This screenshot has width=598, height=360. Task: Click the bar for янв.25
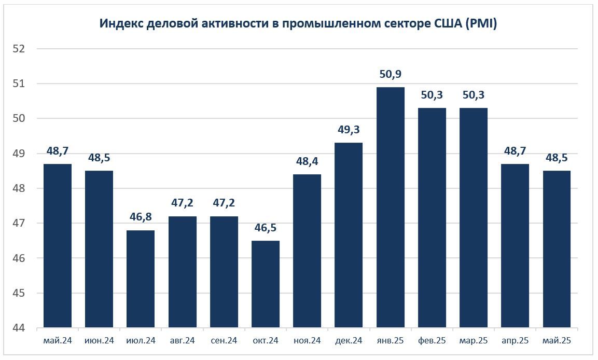(x=391, y=207)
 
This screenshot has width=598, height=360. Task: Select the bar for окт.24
(x=266, y=284)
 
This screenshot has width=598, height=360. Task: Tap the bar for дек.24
(x=349, y=236)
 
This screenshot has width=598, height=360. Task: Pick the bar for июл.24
(x=141, y=279)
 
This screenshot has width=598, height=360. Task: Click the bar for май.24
(x=58, y=246)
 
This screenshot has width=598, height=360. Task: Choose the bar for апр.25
(x=515, y=246)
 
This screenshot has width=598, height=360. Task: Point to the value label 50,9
(x=391, y=74)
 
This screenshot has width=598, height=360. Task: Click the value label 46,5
(x=266, y=228)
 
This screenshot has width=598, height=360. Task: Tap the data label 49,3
(x=349, y=130)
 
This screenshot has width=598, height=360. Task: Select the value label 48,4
(x=307, y=161)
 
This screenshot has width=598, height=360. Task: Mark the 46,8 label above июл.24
(x=141, y=217)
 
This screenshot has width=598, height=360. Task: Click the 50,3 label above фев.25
(x=432, y=95)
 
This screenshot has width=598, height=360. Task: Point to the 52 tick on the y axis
(x=19, y=49)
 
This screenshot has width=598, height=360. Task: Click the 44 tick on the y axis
(x=19, y=328)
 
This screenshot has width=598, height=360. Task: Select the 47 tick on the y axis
(x=19, y=224)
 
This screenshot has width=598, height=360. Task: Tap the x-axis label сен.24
(x=224, y=341)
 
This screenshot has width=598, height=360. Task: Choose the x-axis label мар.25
(x=474, y=341)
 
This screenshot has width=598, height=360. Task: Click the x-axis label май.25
(x=557, y=341)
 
